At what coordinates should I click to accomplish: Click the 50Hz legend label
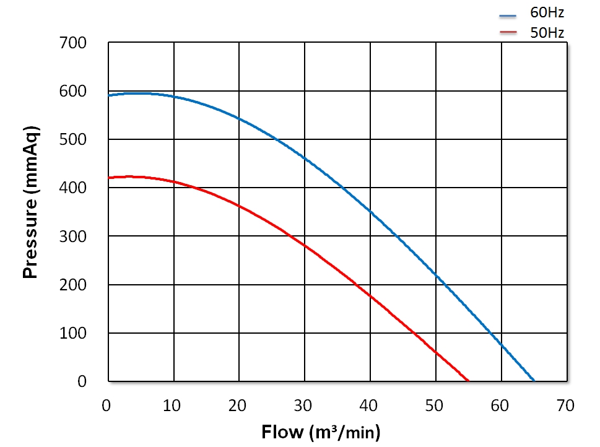547,33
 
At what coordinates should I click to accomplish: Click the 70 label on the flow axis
566,406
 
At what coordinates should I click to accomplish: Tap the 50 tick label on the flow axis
435,406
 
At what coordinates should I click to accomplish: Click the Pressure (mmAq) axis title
31,202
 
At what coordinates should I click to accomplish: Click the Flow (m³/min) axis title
321,432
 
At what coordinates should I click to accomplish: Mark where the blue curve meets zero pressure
534,381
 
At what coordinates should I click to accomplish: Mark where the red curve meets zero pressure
469,381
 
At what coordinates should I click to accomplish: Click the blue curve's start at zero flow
109,95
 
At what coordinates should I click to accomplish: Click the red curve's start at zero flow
109,178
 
